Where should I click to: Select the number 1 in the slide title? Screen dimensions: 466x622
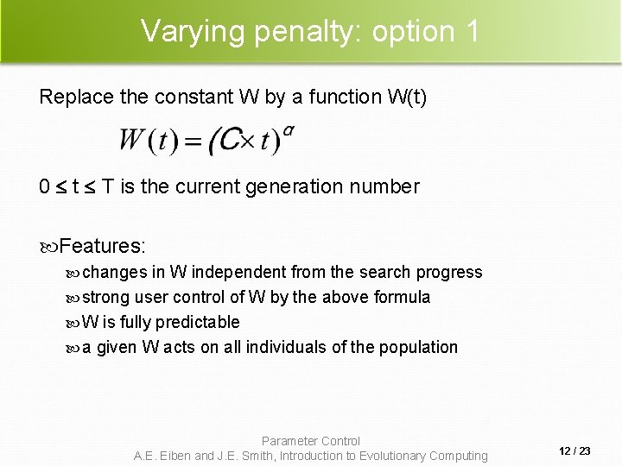click(471, 31)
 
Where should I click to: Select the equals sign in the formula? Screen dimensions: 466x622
click(193, 141)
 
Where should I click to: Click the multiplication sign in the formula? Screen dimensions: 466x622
click(251, 140)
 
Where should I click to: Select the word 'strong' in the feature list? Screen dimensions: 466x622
click(107, 298)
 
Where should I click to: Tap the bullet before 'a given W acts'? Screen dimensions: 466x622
click(73, 348)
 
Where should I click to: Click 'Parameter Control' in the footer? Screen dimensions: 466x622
click(311, 441)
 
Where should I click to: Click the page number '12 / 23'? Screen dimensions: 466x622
click(574, 450)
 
